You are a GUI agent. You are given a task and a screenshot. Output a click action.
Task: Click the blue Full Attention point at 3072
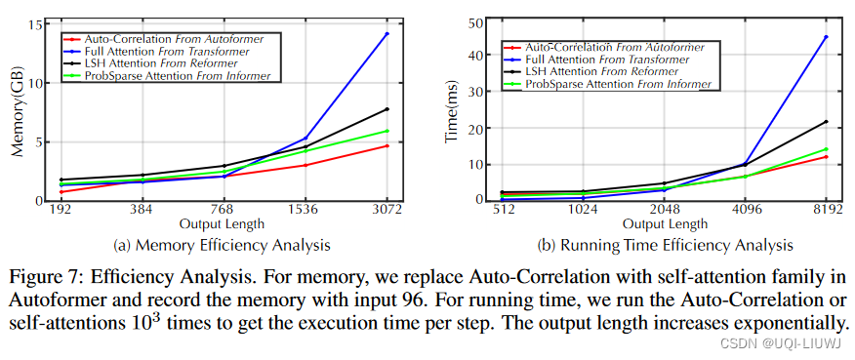coord(387,34)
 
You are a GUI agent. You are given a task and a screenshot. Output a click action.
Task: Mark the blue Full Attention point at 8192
coord(826,37)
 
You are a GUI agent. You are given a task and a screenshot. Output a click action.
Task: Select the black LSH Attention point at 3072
coord(387,109)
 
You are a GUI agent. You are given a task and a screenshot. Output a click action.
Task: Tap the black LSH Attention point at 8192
coord(826,122)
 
